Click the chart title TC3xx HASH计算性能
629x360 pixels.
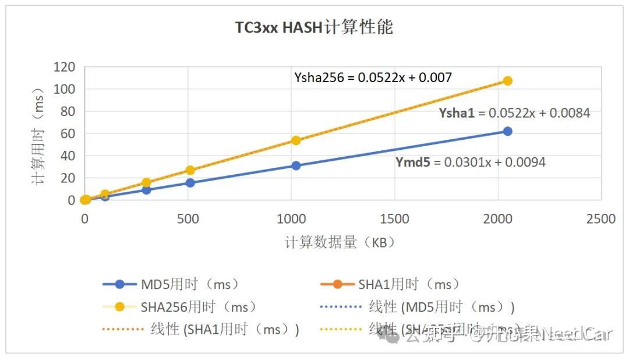click(x=314, y=27)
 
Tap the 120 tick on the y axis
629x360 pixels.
click(x=65, y=67)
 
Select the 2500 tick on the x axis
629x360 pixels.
click(x=601, y=219)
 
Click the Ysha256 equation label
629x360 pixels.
click(x=373, y=77)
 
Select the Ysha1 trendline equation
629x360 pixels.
click(x=514, y=113)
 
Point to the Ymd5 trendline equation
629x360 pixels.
click(x=471, y=163)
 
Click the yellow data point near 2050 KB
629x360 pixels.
click(x=507, y=81)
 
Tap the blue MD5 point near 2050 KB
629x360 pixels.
click(x=507, y=131)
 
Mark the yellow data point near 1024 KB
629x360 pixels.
click(x=296, y=140)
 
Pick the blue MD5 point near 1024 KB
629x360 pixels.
click(x=296, y=165)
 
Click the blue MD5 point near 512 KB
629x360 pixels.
click(x=190, y=183)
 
